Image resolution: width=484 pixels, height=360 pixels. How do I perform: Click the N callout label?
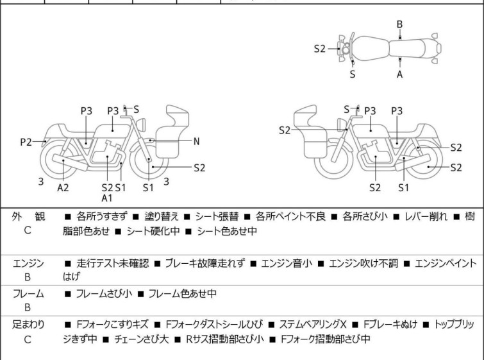pyautogui.click(x=196, y=142)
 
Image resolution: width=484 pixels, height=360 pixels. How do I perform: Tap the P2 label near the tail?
pyautogui.click(x=26, y=142)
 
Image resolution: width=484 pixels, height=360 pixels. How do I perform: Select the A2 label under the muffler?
pyautogui.click(x=63, y=187)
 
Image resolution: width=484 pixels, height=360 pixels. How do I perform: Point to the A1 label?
pyautogui.click(x=107, y=198)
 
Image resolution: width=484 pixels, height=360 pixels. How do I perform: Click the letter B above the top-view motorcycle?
pyautogui.click(x=399, y=24)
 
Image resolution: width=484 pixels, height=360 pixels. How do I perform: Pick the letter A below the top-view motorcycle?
pyautogui.click(x=400, y=74)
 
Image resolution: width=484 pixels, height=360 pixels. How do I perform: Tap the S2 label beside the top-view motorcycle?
pyautogui.click(x=320, y=49)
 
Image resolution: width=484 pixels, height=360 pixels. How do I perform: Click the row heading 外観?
pyautogui.click(x=28, y=217)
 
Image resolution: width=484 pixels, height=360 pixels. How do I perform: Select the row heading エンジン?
pyautogui.click(x=28, y=264)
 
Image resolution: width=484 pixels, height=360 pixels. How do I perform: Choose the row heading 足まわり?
pyautogui.click(x=28, y=325)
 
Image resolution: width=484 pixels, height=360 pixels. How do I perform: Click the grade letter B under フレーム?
pyautogui.click(x=28, y=307)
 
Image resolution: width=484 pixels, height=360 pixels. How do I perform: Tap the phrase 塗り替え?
pyautogui.click(x=162, y=217)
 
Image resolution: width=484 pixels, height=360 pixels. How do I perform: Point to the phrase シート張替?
pyautogui.click(x=217, y=217)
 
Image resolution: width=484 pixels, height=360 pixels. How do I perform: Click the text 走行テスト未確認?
pyautogui.click(x=113, y=264)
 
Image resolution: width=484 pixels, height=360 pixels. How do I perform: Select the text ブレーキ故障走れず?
pyautogui.click(x=205, y=264)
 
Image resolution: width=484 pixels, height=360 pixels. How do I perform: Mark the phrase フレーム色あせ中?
pyautogui.click(x=183, y=293)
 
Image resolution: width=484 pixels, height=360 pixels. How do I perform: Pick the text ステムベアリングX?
pyautogui.click(x=313, y=325)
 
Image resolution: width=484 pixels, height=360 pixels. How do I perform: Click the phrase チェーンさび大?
pyautogui.click(x=142, y=339)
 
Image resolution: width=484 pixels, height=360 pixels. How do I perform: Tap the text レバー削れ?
pyautogui.click(x=426, y=217)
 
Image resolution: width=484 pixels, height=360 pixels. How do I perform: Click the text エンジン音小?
pyautogui.click(x=287, y=264)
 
